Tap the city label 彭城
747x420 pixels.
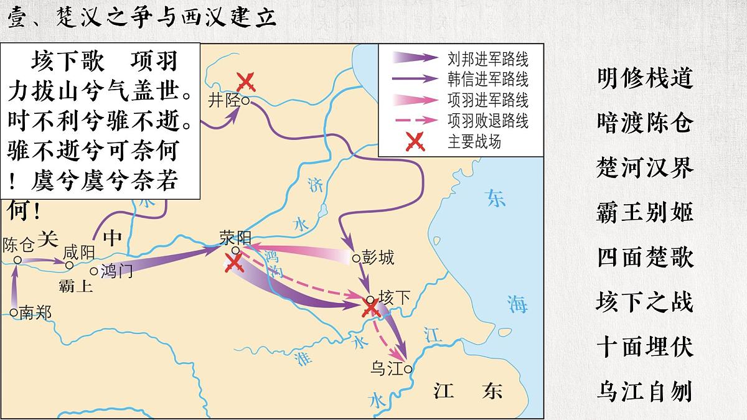(x=378, y=258)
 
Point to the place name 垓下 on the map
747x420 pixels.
(x=395, y=298)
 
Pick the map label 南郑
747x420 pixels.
(x=35, y=312)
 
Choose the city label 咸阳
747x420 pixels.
(x=79, y=252)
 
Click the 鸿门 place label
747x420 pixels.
(x=116, y=271)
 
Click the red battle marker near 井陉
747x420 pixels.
(x=245, y=81)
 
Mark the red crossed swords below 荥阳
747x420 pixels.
(x=235, y=264)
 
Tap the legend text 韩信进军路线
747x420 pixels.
(x=487, y=80)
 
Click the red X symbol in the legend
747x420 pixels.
(x=415, y=142)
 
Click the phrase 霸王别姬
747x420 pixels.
(x=645, y=213)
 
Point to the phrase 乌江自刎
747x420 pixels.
(x=645, y=392)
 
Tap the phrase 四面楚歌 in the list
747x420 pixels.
(x=645, y=258)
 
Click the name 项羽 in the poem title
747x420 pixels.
(x=154, y=61)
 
